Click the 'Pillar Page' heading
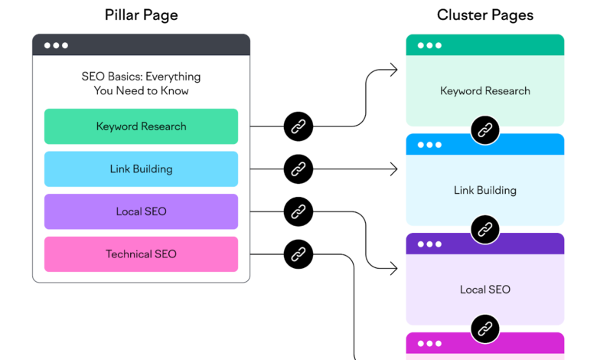point(141,15)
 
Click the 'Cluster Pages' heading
point(485,15)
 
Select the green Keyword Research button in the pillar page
point(141,126)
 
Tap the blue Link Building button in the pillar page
point(141,169)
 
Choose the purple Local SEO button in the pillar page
point(141,211)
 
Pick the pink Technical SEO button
point(141,254)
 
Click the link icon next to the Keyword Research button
point(298,126)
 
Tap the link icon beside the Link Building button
point(298,169)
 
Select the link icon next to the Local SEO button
point(298,211)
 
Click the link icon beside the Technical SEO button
point(298,254)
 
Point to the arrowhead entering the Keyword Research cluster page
point(393,70)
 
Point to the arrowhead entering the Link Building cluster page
point(393,169)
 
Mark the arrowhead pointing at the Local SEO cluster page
point(393,268)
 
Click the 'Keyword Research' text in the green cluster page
point(485,91)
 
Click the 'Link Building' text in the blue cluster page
point(485,190)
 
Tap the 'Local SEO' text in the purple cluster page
point(485,290)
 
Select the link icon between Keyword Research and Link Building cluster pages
point(484,130)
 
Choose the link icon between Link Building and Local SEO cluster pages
point(484,229)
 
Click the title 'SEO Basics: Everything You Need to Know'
point(141,83)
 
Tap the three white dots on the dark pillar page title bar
point(56,45)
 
